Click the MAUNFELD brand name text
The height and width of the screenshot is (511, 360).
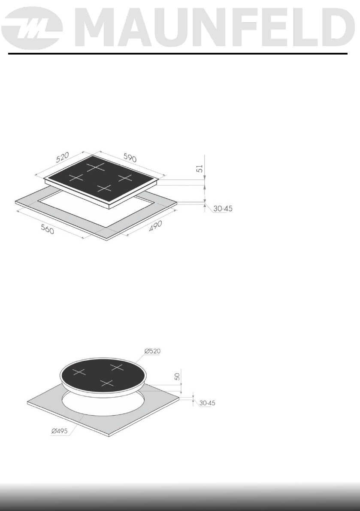coord(215,28)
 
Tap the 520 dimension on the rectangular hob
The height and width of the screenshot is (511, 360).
coord(62,158)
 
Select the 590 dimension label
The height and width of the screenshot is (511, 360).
coord(130,158)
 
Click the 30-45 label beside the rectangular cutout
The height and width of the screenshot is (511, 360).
coord(223,209)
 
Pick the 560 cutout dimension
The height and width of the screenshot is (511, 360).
coord(47,229)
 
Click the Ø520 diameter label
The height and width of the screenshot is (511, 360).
coord(152,351)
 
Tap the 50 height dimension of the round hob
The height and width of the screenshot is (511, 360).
coord(177,377)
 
